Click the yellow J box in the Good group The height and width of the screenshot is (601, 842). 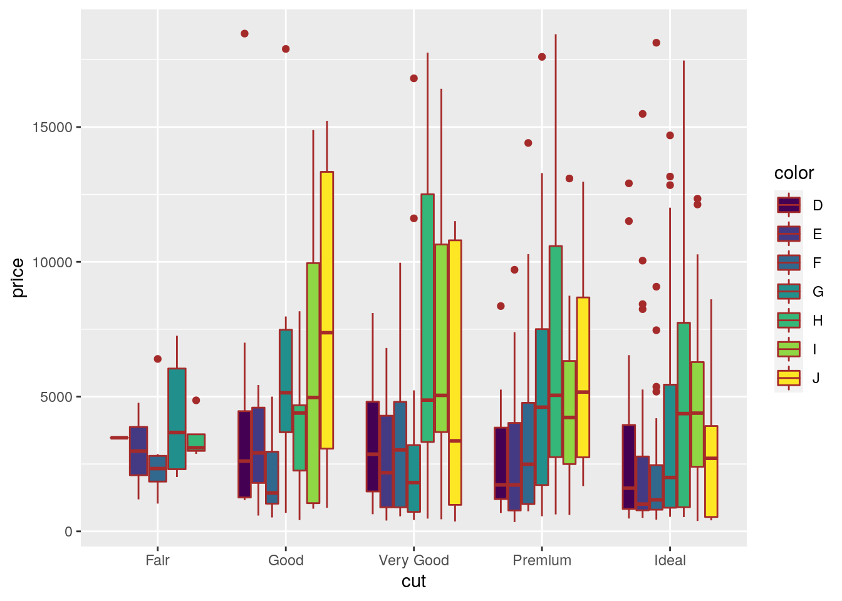click(x=326, y=310)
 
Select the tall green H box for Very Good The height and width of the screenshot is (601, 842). click(x=427, y=318)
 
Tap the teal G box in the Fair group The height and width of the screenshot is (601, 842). click(x=177, y=418)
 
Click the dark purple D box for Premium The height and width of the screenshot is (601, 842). click(x=501, y=463)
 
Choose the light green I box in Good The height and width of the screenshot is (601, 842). click(x=313, y=383)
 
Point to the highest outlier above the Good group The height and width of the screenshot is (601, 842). click(x=244, y=34)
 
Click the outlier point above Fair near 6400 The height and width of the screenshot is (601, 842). click(x=158, y=359)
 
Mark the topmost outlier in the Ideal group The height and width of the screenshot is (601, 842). click(x=657, y=43)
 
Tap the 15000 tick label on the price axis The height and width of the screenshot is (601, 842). click(x=53, y=128)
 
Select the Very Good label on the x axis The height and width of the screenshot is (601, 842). click(x=413, y=560)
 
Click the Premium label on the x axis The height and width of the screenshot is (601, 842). click(x=542, y=560)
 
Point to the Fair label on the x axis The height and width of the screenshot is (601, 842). click(x=157, y=560)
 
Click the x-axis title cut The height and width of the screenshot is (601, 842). click(x=413, y=582)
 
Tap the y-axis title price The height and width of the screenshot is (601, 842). click(x=18, y=278)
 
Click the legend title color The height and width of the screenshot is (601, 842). click(x=794, y=173)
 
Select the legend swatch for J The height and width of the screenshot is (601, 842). click(x=789, y=378)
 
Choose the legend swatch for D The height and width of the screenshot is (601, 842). click(x=789, y=205)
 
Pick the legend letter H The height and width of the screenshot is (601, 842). click(x=818, y=321)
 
